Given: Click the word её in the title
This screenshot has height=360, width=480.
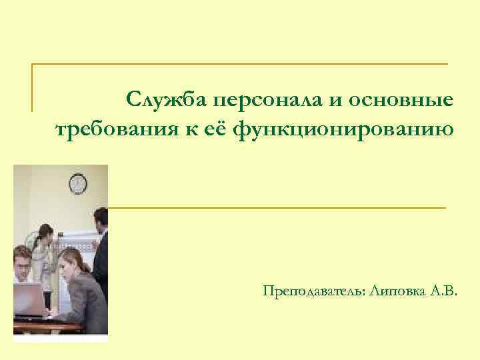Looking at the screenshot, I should pos(215,129).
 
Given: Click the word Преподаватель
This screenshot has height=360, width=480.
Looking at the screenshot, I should pos(313,291).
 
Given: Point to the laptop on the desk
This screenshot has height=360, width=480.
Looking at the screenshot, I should pos(28,299).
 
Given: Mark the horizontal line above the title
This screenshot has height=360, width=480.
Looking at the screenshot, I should pos(240,64).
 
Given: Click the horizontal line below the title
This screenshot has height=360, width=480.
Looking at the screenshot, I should pos(277,208).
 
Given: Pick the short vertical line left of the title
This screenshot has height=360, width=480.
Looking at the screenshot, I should pos(33,87).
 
